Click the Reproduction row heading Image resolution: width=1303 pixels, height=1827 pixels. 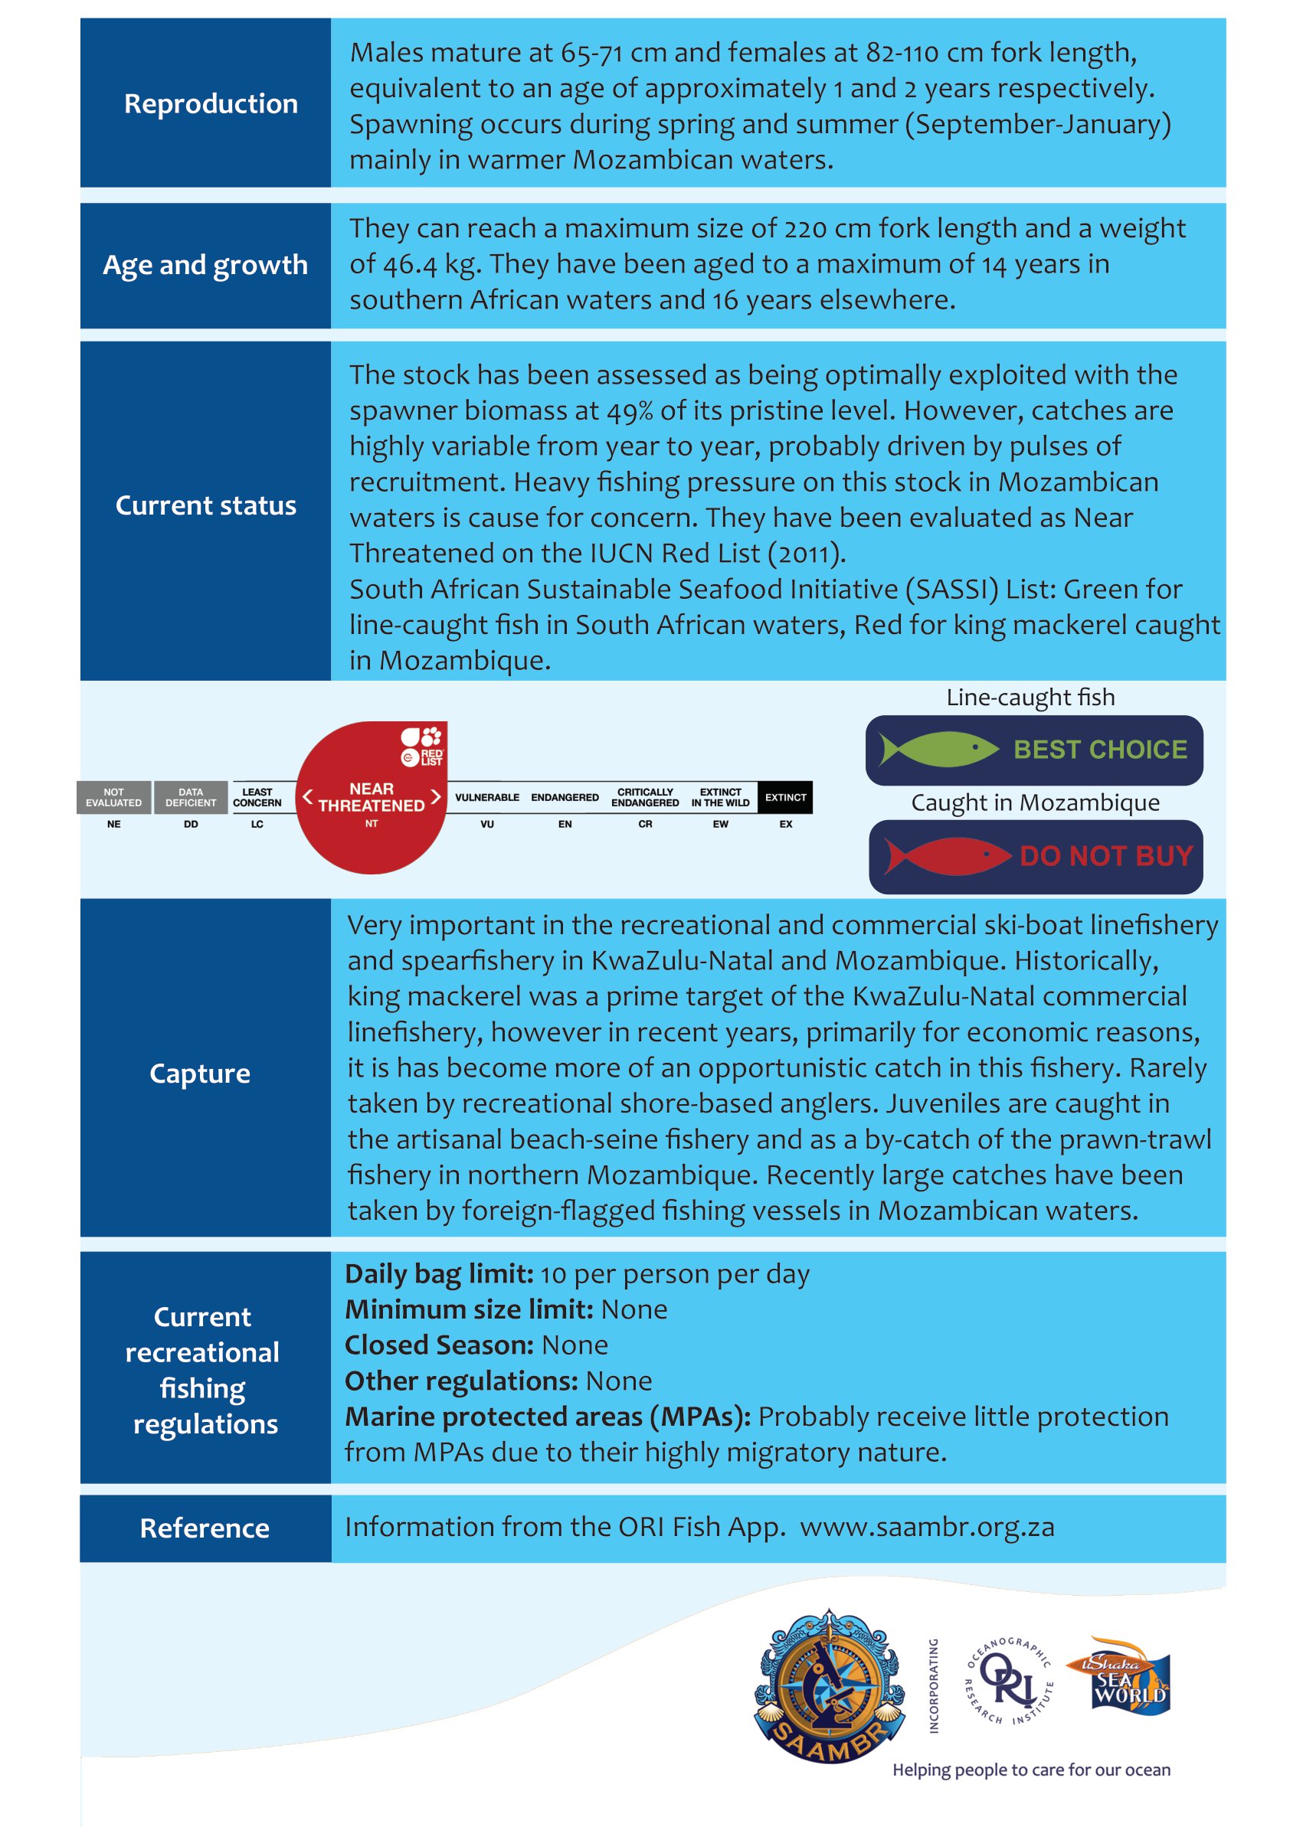click(210, 104)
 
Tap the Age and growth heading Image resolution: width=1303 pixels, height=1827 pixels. click(205, 266)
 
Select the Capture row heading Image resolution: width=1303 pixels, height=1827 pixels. click(200, 1073)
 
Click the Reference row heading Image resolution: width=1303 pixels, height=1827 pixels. click(205, 1528)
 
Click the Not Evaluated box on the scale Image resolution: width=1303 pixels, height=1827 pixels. click(114, 797)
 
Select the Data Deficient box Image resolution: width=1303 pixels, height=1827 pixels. click(191, 797)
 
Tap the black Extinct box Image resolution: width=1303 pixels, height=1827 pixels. click(784, 797)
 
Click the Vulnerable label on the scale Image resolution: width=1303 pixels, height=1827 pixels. click(487, 797)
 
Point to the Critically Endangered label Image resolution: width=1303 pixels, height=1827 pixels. click(645, 797)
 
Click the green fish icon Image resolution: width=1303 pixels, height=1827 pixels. click(938, 750)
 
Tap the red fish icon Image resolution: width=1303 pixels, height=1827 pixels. click(947, 856)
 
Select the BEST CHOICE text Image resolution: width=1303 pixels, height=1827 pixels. click(1100, 750)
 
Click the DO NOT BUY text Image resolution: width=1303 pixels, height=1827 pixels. click(1106, 857)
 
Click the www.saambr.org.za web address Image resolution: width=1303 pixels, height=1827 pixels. click(927, 1527)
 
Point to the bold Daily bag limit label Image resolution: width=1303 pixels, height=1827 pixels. click(439, 1273)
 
